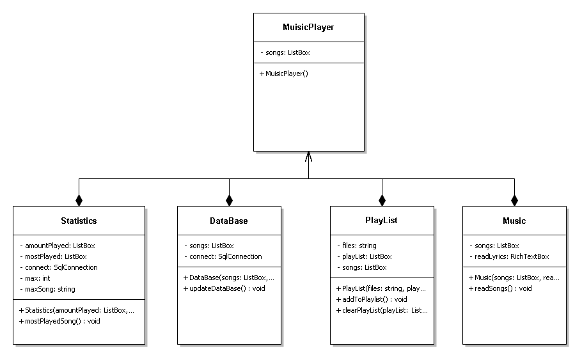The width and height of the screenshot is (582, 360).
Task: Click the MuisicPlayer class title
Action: [x=308, y=27]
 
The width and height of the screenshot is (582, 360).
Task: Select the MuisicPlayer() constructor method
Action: [x=284, y=74]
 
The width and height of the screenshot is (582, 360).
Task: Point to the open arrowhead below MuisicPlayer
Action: [x=308, y=156]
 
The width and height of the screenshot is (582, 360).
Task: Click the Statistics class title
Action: [x=79, y=221]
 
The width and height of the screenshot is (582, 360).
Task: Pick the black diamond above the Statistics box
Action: [x=79, y=200]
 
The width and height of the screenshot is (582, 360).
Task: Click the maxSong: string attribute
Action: [x=50, y=289]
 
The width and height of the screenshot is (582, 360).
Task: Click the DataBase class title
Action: [x=228, y=221]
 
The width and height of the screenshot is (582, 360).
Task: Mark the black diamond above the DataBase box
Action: [x=228, y=200]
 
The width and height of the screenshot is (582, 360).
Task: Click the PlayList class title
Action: [x=382, y=221]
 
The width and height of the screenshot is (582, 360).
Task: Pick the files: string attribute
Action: [x=356, y=246]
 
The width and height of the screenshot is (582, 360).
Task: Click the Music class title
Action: [x=514, y=221]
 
